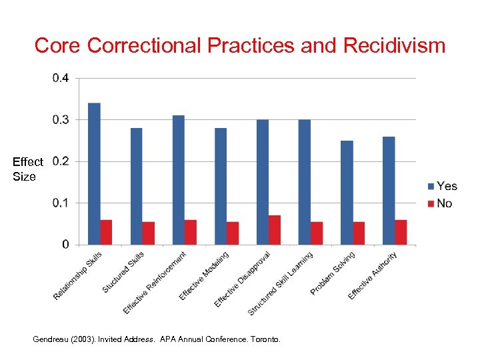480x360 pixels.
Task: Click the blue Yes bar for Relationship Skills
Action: pos(95,173)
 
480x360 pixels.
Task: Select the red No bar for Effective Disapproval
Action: pos(275,230)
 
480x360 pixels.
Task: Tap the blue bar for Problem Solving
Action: pos(347,192)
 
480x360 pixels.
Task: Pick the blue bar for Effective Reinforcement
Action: pos(179,180)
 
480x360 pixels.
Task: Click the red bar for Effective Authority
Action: pos(401,232)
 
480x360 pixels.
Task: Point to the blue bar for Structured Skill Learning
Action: pos(305,182)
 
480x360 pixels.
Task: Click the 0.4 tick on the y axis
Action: pos(60,78)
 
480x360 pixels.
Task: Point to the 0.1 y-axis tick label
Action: pos(60,203)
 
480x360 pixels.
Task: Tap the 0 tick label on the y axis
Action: pos(65,245)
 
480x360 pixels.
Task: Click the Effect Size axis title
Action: pos(27,169)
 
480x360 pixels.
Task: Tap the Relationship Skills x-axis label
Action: pos(78,275)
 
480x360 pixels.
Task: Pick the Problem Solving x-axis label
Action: pos(333,273)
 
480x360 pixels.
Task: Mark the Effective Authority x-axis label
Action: pos(373,275)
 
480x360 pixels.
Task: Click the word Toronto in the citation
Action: pos(265,339)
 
